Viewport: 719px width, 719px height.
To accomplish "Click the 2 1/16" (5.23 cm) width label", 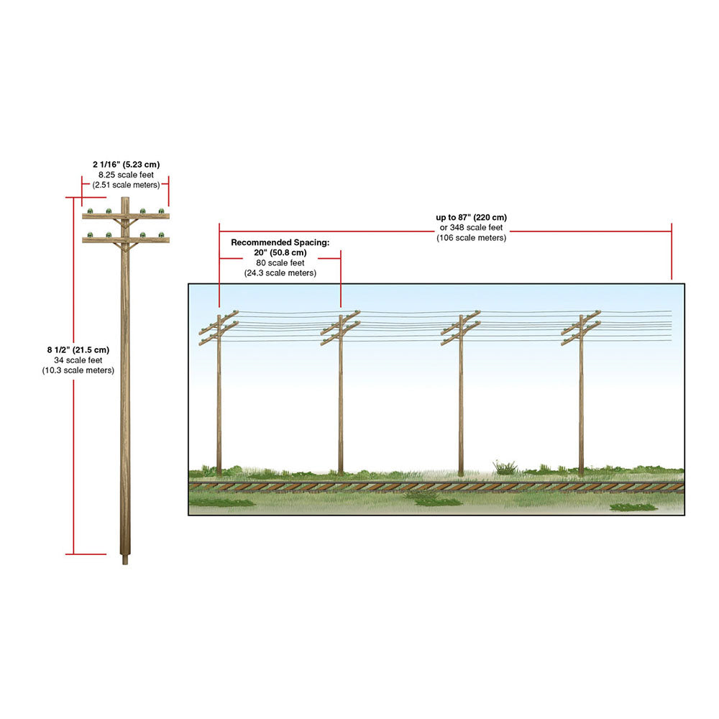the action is coord(126,165).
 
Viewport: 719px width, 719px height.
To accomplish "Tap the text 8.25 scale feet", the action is coord(126,175).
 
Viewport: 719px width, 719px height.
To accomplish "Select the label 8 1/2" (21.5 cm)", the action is coord(78,350).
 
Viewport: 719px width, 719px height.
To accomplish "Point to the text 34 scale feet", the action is coord(78,360).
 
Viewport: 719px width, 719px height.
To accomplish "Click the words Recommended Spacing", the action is coord(280,242).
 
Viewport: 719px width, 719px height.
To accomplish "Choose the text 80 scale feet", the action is coord(280,263).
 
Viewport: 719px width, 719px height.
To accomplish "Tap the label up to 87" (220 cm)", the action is coord(472,217).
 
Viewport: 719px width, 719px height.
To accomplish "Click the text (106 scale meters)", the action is coord(472,238).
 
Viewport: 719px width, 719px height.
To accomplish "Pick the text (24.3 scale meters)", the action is coord(280,273).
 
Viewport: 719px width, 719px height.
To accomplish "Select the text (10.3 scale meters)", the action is coord(78,370).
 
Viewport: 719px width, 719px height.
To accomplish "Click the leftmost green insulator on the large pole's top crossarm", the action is coord(91,211).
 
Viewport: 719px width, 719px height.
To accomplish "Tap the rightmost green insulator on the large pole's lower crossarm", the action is coord(161,235).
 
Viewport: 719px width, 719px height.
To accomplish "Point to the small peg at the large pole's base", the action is coord(125,560).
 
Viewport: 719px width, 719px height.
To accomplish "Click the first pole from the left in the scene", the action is coord(219,394).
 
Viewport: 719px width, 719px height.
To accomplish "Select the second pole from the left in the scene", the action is coord(341,394).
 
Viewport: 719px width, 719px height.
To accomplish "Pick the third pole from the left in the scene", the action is coord(461,394).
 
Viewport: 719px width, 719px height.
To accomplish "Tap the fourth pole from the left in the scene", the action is coord(581,394).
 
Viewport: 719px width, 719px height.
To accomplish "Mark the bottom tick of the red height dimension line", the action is coord(86,554).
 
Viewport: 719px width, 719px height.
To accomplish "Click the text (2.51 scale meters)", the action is coord(126,186).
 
